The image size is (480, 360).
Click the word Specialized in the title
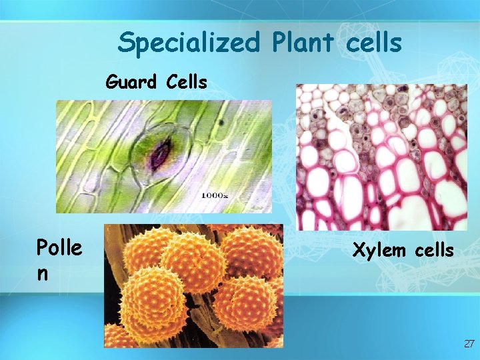189,43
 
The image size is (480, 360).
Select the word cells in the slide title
375,43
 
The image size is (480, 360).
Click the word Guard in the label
131,83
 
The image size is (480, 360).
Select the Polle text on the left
59,248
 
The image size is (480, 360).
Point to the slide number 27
469,344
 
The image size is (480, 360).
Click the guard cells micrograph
164,157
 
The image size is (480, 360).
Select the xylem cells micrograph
381,157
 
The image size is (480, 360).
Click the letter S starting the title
125,43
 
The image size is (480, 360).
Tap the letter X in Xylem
358,251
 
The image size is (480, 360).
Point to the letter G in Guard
112,83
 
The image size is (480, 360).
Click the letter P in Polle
41,248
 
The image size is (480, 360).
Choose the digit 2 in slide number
466,344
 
